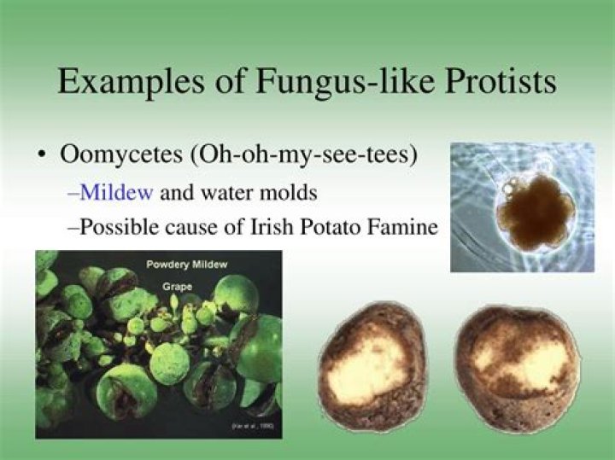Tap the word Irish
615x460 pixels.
[x=274, y=228]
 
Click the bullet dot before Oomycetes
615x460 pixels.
[x=42, y=157]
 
